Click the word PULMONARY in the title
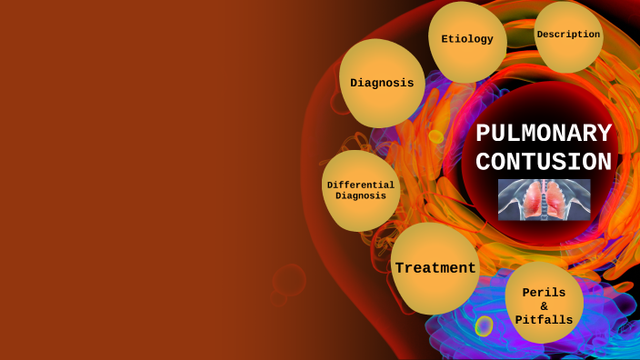[544, 134]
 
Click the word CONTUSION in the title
[544, 162]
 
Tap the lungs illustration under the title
[544, 199]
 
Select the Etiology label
[467, 39]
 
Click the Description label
[568, 35]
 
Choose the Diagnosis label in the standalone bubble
[382, 83]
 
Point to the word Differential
[361, 185]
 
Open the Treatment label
[435, 268]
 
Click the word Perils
[544, 293]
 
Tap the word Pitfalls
[544, 320]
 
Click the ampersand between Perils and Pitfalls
[544, 306]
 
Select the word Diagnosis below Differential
[361, 195]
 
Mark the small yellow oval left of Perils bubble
[484, 325]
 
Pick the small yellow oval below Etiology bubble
[435, 136]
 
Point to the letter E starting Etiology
[445, 39]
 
